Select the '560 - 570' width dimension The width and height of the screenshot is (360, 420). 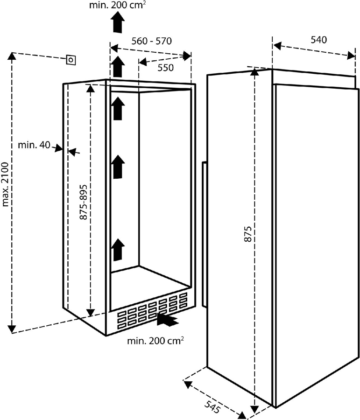pyautogui.click(x=151, y=41)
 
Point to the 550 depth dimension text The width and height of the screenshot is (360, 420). pyautogui.click(x=165, y=68)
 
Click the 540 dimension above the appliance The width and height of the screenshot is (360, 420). pyautogui.click(x=318, y=40)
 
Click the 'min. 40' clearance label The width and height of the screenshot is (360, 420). pyautogui.click(x=34, y=145)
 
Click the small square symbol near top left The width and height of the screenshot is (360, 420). pyautogui.click(x=71, y=61)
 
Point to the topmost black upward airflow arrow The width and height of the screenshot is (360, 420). pyautogui.click(x=118, y=21)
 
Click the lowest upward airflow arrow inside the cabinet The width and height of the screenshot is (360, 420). pyautogui.click(x=118, y=250)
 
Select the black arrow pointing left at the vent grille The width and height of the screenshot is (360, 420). pyautogui.click(x=168, y=320)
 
